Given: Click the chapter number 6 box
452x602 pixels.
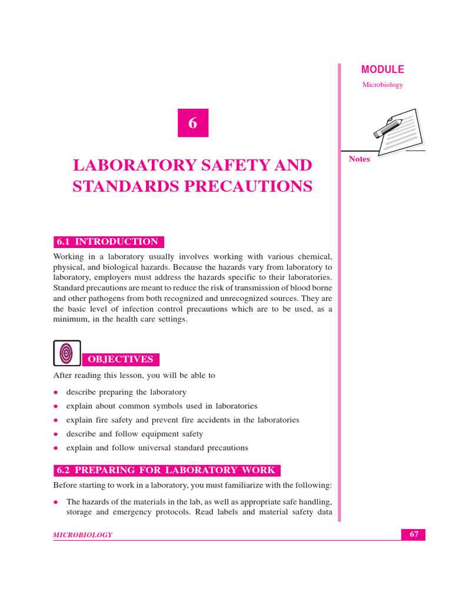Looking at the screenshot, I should tap(192, 123).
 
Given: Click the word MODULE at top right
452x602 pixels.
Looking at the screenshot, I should tap(383, 69).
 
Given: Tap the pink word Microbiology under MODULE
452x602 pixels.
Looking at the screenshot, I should tap(383, 85).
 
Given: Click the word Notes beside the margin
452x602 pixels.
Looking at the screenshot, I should tap(360, 159).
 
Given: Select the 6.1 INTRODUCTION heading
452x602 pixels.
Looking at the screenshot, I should tap(108, 242).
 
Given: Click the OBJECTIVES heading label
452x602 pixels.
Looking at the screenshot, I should tap(120, 359).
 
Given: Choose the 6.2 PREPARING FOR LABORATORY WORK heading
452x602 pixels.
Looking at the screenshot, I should tap(167, 470).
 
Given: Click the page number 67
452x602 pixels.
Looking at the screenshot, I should tap(414, 534).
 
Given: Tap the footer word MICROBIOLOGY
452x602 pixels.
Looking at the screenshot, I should tap(83, 535).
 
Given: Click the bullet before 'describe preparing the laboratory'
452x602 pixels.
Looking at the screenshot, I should tap(56, 392).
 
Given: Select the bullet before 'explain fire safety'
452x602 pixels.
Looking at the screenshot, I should tap(56, 420).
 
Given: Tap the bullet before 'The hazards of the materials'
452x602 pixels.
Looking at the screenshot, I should tap(56, 503).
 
